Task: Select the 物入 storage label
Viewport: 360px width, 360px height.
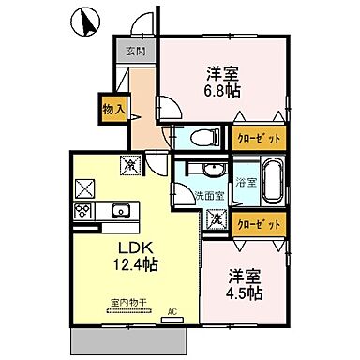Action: pyautogui.click(x=112, y=109)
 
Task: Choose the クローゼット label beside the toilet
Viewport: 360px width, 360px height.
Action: pyautogui.click(x=256, y=136)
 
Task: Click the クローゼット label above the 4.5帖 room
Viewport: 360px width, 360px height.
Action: pyautogui.click(x=257, y=225)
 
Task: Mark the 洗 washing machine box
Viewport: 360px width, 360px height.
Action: pyautogui.click(x=216, y=219)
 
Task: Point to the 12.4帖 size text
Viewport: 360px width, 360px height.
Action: pyautogui.click(x=136, y=264)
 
